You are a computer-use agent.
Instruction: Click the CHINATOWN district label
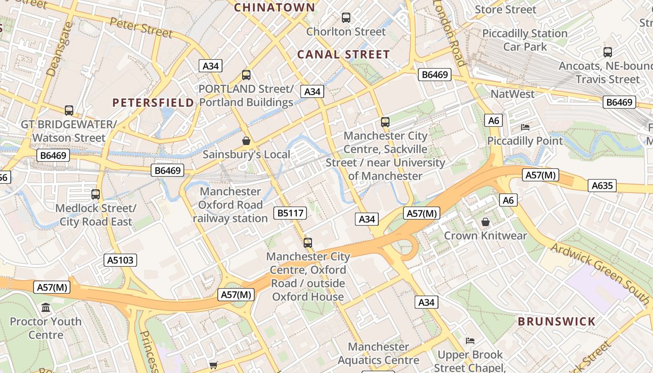click(x=274, y=7)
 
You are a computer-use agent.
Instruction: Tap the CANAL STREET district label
click(x=343, y=55)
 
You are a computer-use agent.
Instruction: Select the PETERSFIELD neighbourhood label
click(x=153, y=103)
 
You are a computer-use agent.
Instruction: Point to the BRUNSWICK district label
click(x=556, y=321)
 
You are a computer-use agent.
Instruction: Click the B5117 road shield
click(x=290, y=214)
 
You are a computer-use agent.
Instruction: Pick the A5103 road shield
click(x=121, y=260)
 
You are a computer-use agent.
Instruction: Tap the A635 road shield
click(x=602, y=186)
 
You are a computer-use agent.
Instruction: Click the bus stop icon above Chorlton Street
click(x=346, y=18)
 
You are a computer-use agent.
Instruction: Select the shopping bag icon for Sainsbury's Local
click(x=246, y=140)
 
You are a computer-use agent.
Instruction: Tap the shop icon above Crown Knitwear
click(x=485, y=221)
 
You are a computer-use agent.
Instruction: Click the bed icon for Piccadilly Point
click(x=525, y=127)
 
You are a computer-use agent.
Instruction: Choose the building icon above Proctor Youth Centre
click(x=46, y=307)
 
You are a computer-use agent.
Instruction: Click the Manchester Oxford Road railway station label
click(x=230, y=205)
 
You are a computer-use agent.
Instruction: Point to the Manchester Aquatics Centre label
click(x=378, y=353)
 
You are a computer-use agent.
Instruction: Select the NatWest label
click(x=513, y=94)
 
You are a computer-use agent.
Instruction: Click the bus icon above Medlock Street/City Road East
click(x=96, y=194)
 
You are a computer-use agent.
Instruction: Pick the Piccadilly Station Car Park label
click(x=525, y=40)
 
